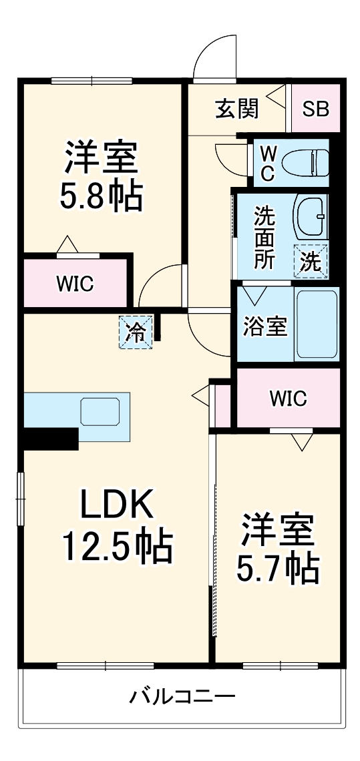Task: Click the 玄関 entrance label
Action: pos(237,108)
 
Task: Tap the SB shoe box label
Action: pos(315,109)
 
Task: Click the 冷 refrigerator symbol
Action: pos(136,332)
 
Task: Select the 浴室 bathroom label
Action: pos(264,327)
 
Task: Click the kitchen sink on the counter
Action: pos(100,411)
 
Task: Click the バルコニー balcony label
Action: pos(182,698)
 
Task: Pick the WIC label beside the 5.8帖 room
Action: pos(75,283)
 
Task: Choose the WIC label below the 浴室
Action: pos(289,399)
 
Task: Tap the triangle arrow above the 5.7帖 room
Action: pos(302,441)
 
